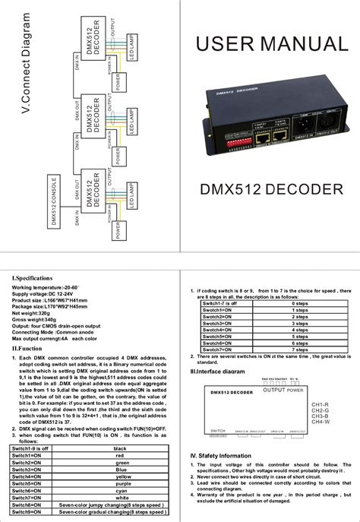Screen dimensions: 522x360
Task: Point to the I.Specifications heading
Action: click(31, 279)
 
